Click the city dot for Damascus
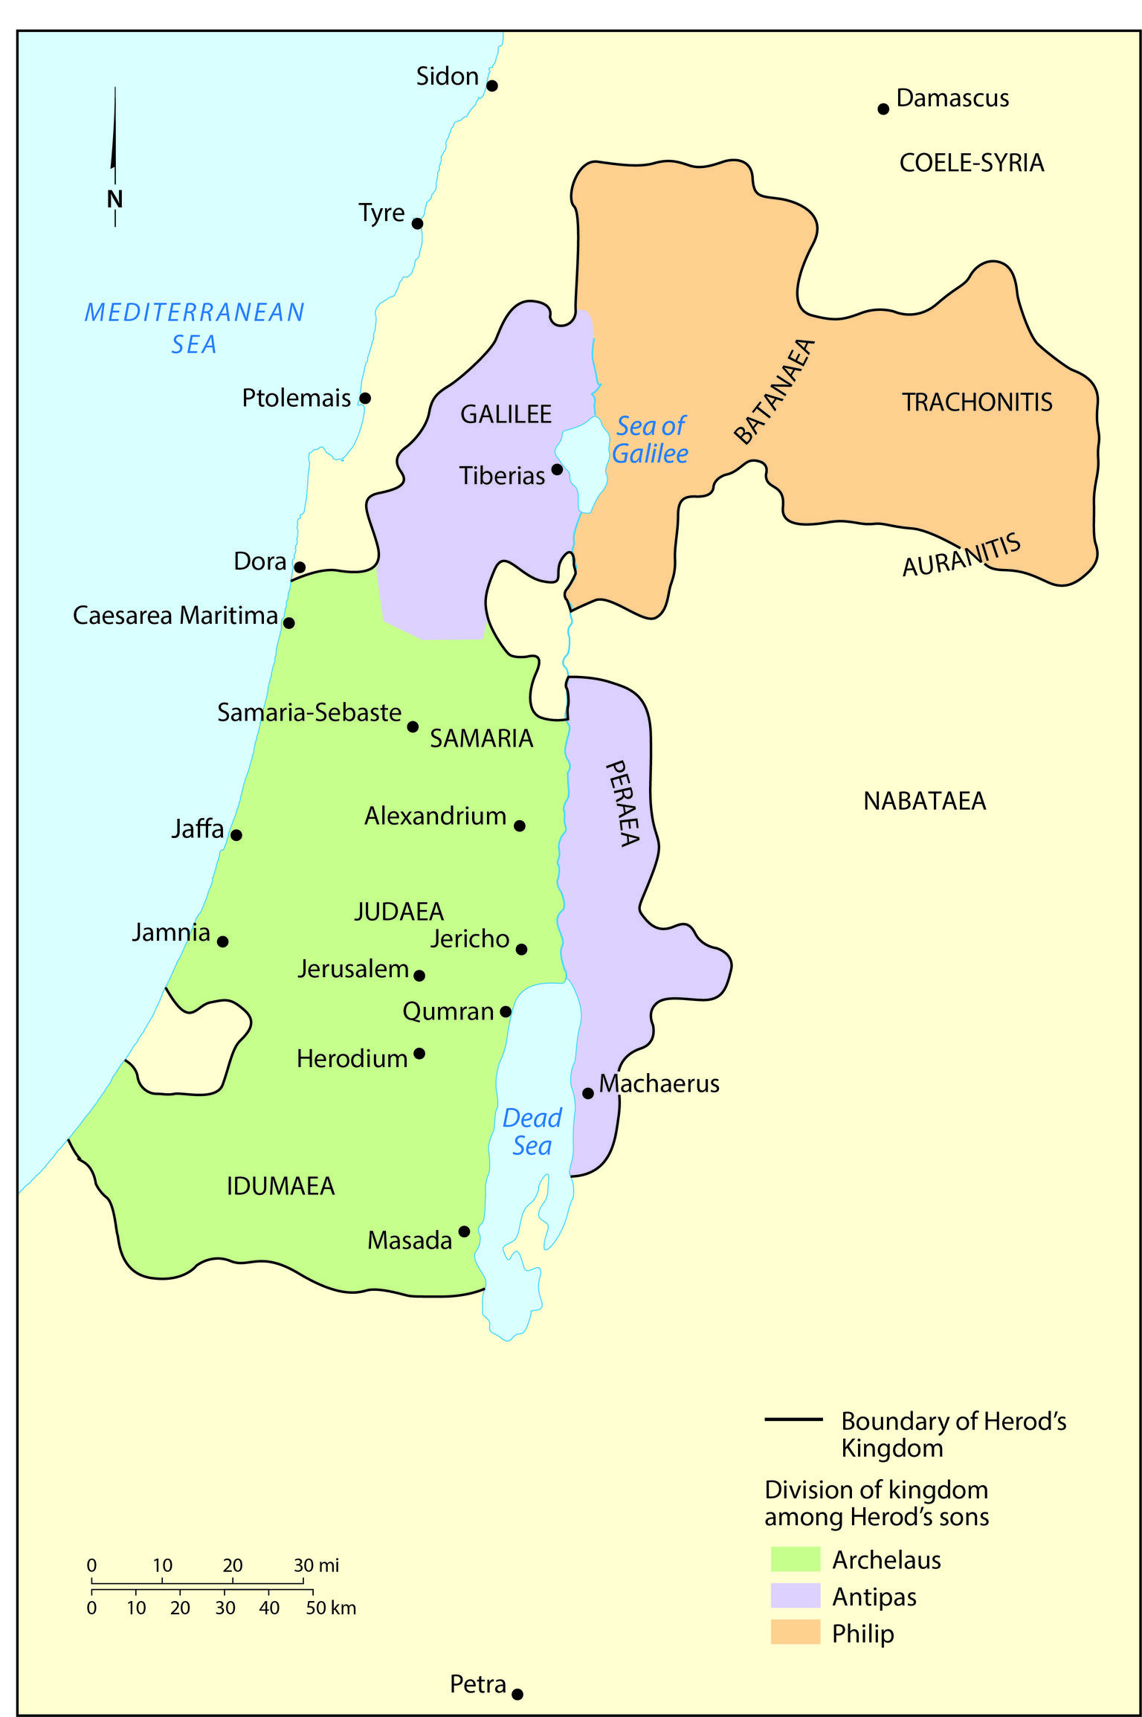[883, 109]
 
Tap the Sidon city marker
[491, 86]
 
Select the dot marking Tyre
[417, 223]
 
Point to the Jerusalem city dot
[419, 975]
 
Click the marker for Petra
[517, 1694]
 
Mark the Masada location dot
[464, 1231]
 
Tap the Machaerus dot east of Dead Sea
[588, 1093]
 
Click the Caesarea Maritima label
[175, 616]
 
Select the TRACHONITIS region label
[977, 402]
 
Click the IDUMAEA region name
[280, 1186]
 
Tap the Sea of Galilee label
[651, 439]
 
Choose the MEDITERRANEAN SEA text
[194, 327]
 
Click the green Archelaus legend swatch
[795, 1559]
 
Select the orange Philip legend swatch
[795, 1632]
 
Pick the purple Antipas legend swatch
[795, 1596]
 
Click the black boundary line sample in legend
[793, 1420]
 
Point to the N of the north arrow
[114, 199]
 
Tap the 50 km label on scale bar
[331, 1608]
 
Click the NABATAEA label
[924, 801]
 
